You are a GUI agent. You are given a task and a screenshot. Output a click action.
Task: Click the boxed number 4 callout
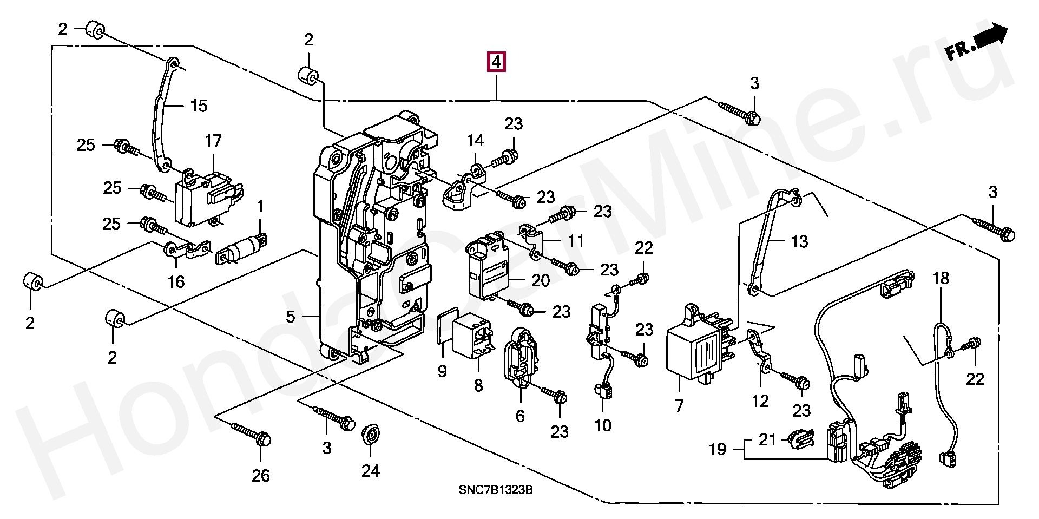[x=496, y=62]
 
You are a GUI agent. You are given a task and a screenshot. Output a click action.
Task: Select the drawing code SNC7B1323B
[x=495, y=490]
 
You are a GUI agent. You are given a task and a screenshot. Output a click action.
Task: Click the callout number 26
[x=261, y=476]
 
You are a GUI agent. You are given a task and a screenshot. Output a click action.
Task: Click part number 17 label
[x=213, y=141]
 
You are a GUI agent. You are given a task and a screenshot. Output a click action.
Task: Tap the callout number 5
[x=291, y=317]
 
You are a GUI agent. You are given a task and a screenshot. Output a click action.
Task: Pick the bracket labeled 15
[x=162, y=114]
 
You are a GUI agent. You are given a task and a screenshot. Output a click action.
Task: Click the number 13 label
[x=799, y=241]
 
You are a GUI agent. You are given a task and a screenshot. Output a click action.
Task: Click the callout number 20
[x=540, y=280]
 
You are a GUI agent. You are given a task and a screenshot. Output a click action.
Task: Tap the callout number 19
[x=718, y=449]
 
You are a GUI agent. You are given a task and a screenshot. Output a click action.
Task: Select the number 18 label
[x=941, y=278]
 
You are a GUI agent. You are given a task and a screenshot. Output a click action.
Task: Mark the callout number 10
[x=603, y=425]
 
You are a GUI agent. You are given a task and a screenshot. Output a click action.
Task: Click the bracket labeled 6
[x=521, y=357]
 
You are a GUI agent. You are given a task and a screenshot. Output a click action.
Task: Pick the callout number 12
[x=760, y=401]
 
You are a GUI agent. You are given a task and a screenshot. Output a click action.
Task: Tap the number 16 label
[x=176, y=281]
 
